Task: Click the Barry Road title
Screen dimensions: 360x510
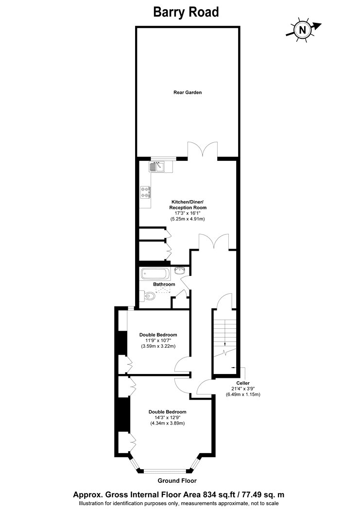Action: [186, 12]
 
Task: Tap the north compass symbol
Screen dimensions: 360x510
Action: [303, 30]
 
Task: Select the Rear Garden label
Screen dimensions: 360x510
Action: [188, 92]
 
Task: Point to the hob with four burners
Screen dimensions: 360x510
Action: [146, 192]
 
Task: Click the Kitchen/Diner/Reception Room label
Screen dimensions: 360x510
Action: [188, 205]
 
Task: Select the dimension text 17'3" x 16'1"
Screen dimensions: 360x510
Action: [188, 213]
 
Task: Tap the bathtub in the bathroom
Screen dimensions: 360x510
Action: [155, 274]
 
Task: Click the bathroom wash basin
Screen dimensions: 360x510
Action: [180, 270]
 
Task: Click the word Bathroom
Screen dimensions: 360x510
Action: [164, 284]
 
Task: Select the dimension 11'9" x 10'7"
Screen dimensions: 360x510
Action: [158, 340]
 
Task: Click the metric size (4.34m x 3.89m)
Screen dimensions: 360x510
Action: [168, 424]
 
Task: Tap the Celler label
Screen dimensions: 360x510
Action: [243, 383]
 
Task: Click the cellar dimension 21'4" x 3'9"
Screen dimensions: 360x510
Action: [243, 389]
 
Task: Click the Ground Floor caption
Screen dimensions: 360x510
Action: [177, 481]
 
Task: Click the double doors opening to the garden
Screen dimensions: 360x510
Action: [203, 151]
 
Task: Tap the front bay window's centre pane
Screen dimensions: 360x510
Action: [165, 470]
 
